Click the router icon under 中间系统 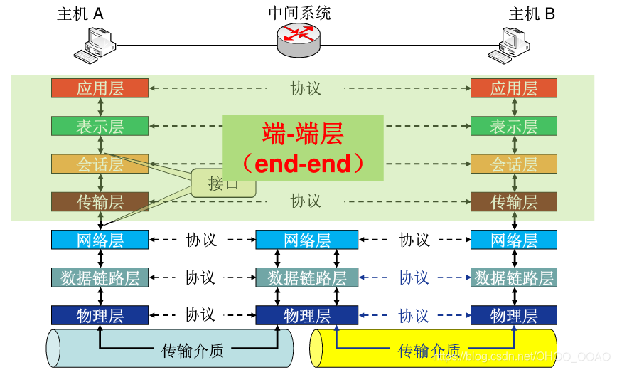299,39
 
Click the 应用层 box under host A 100,88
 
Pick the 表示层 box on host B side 513,126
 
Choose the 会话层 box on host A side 100,164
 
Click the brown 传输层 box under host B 513,202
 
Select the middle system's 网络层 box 307,240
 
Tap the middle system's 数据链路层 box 307,277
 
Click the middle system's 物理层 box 307,315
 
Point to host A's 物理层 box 100,315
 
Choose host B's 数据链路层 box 513,277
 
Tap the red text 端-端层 303,133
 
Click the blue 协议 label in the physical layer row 414,315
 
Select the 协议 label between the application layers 306,88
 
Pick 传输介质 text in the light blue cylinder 193,350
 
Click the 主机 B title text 532,14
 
